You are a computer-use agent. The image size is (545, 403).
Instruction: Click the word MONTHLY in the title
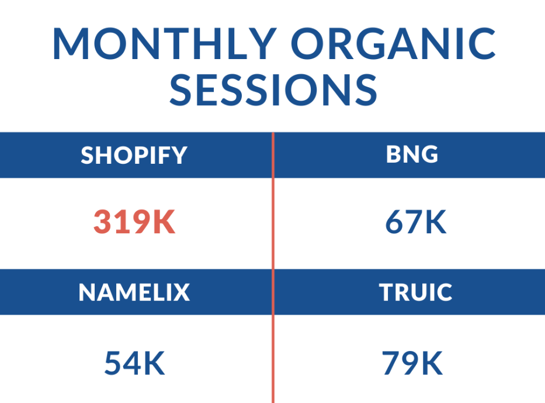pos(165,43)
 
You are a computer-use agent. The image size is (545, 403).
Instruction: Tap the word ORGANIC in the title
pos(393,43)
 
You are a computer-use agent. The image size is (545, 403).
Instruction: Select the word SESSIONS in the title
pos(273,90)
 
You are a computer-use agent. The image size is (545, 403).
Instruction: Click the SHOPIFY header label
pos(134,155)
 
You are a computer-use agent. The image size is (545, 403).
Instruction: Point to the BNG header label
pos(412,154)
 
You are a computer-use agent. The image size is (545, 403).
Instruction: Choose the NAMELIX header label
pos(134,292)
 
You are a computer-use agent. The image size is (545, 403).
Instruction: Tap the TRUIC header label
pos(415,292)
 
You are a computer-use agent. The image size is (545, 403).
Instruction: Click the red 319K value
pos(134,222)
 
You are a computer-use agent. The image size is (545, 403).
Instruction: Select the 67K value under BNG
pos(416,222)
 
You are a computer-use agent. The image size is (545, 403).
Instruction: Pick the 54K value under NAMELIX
pos(134,363)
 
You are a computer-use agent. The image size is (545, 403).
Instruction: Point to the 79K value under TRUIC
pos(412,363)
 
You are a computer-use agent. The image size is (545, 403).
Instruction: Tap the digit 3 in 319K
pos(103,222)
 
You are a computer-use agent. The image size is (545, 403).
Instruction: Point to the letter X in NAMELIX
pos(181,292)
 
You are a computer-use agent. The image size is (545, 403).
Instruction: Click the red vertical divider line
pos(273,268)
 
